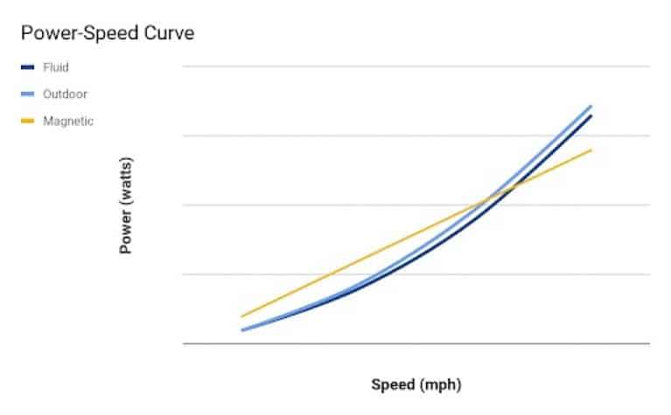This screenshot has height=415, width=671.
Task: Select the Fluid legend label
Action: pyautogui.click(x=55, y=67)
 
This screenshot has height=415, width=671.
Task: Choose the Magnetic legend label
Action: pyautogui.click(x=67, y=121)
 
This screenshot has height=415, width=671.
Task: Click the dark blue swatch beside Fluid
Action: pyautogui.click(x=26, y=67)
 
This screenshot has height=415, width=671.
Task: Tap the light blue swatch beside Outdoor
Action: pyautogui.click(x=26, y=94)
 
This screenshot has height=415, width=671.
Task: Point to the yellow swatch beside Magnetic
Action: pyautogui.click(x=26, y=121)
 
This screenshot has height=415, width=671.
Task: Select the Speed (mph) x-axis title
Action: pyautogui.click(x=416, y=384)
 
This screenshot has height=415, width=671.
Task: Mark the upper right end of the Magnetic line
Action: pyautogui.click(x=591, y=150)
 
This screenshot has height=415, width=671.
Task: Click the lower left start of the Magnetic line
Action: pyautogui.click(x=242, y=316)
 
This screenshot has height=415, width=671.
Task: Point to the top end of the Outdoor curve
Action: pyautogui.click(x=591, y=106)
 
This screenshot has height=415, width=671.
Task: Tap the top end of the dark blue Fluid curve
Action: pyautogui.click(x=591, y=115)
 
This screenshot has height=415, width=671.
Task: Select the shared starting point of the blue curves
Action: pyautogui.click(x=242, y=330)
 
